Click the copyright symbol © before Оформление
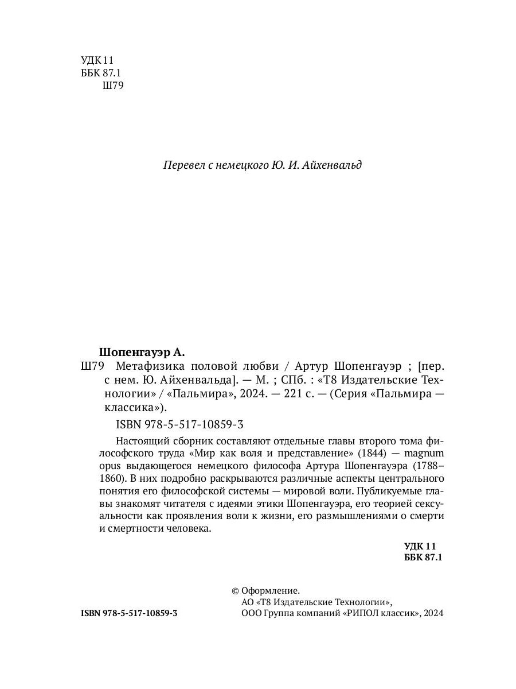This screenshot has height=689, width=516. point(234,590)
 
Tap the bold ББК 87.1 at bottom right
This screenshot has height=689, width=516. point(424,557)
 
